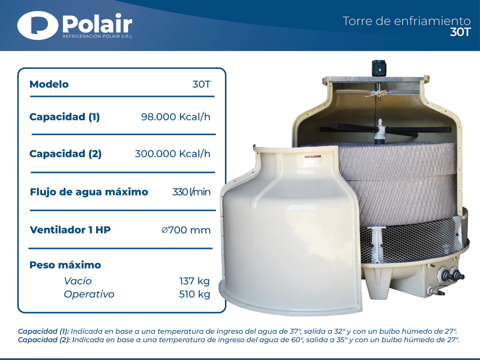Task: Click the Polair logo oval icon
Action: coord(37,26)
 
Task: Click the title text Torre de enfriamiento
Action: coord(406,21)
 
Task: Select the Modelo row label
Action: coord(49,84)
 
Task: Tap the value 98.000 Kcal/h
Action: coord(176,117)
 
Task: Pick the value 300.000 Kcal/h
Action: coord(172,154)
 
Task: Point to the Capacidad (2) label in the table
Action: coord(66,154)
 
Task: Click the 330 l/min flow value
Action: coord(191,192)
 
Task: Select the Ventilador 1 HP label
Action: coord(70,230)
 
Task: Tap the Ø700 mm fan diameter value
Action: coord(186,230)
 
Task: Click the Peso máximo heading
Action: coord(65,265)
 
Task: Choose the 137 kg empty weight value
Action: coord(195,281)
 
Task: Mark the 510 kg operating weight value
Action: coord(195,294)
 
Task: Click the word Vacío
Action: coord(78,281)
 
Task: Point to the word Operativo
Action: coord(89,294)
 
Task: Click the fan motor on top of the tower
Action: coord(378,68)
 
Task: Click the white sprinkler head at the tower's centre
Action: coord(380,132)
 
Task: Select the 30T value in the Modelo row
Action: coord(202,84)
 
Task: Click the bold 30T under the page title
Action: coord(460,32)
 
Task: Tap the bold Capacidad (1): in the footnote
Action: coord(44,331)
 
